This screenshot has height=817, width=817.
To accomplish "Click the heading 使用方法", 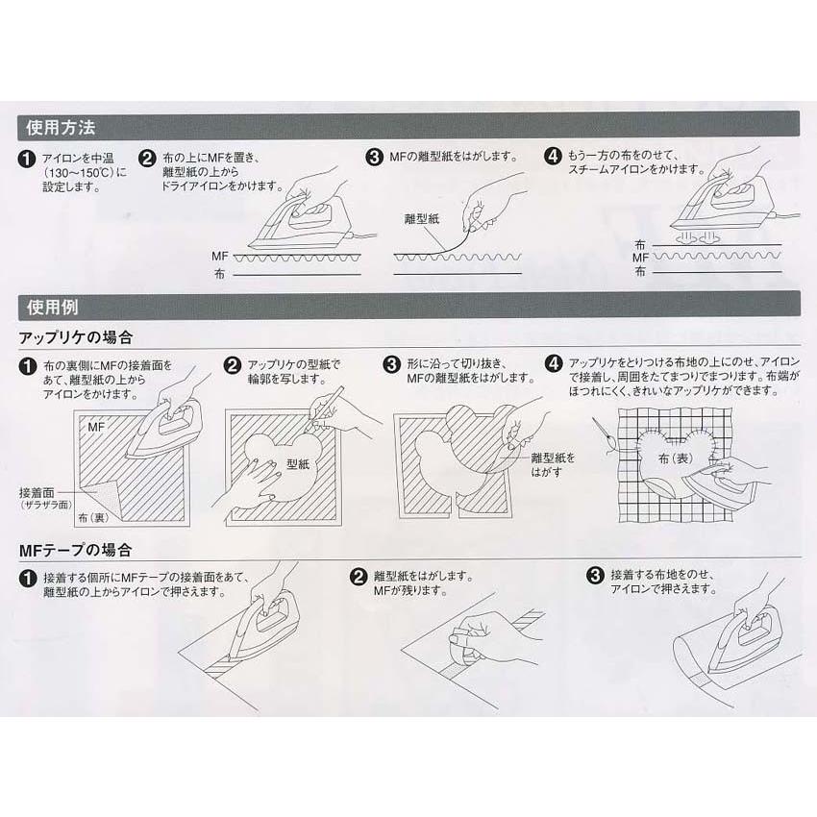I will [x=59, y=127].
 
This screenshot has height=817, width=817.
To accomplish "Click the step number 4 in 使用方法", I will [x=553, y=156].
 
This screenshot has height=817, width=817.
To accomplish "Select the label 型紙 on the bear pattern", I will [x=298, y=463].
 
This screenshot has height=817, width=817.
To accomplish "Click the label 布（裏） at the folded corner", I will [x=94, y=517].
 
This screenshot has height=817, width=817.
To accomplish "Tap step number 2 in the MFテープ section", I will [x=358, y=577].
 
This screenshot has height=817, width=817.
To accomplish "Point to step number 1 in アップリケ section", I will [x=28, y=366].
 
